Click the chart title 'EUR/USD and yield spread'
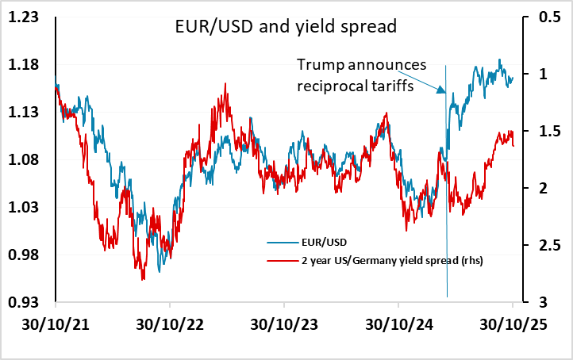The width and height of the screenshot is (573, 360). pos(285,27)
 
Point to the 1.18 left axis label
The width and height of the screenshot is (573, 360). pos(27,65)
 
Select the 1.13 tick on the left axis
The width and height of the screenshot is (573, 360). pos(27,113)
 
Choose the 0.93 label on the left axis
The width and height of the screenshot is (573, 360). pos(27,303)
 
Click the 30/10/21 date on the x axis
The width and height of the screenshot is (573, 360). pos(56,325)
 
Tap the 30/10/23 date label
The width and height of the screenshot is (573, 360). pos(283,325)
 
